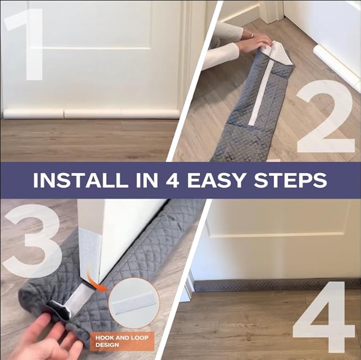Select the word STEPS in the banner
[290, 180]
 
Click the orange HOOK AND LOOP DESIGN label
[122, 341]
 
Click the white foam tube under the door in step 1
[91, 114]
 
